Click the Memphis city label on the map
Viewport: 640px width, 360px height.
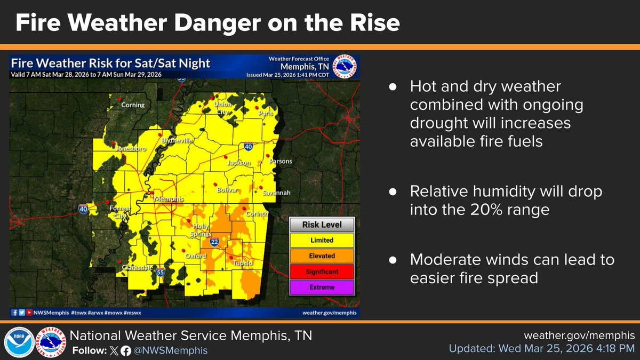(169, 199)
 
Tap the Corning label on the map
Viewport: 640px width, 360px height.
(133, 105)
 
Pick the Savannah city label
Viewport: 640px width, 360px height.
(276, 193)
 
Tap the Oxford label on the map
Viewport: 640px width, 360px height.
(195, 256)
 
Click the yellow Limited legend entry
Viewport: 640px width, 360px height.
(322, 241)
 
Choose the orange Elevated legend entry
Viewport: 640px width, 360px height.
(322, 256)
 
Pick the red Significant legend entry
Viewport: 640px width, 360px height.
(322, 271)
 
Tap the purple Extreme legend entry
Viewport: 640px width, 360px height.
(322, 287)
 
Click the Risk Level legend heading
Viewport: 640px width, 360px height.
(322, 225)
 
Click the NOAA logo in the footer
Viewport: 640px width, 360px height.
(19, 342)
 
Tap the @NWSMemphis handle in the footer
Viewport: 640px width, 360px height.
(170, 350)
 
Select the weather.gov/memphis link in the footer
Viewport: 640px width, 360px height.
(579, 336)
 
